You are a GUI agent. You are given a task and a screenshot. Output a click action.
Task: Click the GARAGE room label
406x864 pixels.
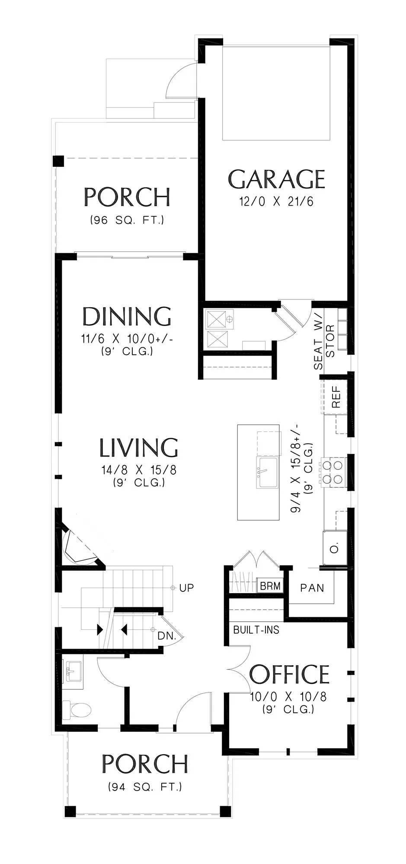(276, 179)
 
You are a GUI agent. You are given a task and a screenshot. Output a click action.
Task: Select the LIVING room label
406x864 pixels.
(139, 448)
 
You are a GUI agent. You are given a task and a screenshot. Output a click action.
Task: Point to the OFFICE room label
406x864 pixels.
(289, 674)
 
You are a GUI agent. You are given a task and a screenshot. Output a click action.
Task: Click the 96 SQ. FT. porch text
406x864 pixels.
(127, 220)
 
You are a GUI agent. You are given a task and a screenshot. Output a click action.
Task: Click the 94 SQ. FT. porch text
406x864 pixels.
(145, 787)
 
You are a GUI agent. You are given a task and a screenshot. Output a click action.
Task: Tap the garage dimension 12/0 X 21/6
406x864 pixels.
(276, 201)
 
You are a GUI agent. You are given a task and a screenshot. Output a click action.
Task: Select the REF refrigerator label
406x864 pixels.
(336, 397)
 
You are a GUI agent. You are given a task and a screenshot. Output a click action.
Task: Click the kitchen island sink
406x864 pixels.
(267, 472)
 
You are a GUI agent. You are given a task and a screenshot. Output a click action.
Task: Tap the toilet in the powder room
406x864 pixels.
(77, 709)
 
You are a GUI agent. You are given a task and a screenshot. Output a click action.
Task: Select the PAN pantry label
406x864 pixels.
(312, 588)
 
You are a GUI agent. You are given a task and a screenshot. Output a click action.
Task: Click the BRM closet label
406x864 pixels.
(270, 586)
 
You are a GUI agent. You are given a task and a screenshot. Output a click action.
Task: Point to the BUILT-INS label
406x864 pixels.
(256, 630)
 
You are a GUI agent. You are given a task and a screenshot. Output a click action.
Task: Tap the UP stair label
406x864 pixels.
(186, 588)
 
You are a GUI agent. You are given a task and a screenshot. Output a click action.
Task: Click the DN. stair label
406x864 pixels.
(166, 636)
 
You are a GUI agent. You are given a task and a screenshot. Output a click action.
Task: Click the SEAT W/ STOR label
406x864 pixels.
(324, 347)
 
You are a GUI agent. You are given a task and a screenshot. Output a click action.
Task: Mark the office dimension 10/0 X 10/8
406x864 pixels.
(288, 696)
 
